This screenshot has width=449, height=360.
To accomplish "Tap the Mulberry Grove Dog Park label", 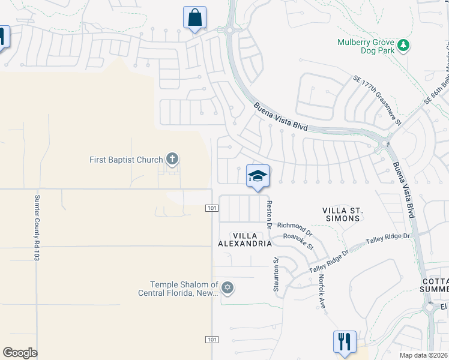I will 366,47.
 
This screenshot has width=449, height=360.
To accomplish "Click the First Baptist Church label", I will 126,160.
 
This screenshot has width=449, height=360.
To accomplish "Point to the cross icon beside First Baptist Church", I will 172,159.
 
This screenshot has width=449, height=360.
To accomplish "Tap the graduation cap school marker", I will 258,176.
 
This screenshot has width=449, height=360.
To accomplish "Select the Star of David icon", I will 227,288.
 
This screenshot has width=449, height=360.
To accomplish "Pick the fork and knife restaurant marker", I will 345,341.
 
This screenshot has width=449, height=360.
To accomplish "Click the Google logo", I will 20,353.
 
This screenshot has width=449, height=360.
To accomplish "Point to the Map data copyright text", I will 424,355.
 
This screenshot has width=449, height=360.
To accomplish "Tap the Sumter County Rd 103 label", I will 37,226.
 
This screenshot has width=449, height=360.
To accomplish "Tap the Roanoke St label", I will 298,242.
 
